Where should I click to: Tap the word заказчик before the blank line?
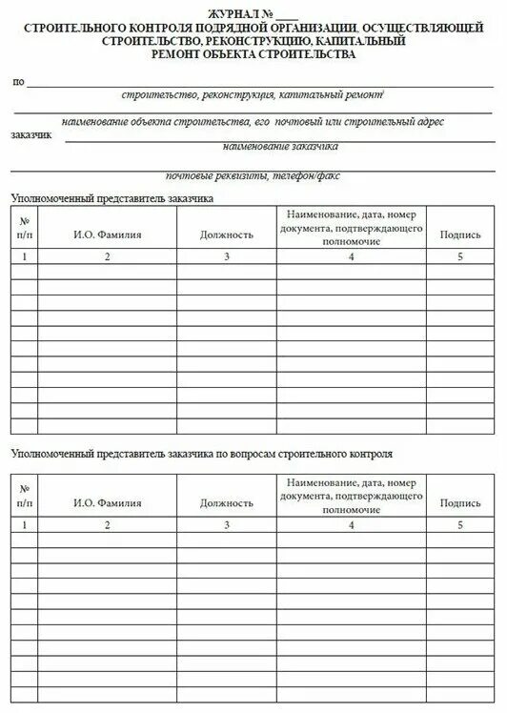pyautogui.click(x=32, y=135)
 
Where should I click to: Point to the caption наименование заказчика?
pyautogui.click(x=280, y=147)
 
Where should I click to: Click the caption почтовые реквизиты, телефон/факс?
pyautogui.click(x=253, y=175)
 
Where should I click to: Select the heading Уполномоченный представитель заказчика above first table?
pyautogui.click(x=112, y=198)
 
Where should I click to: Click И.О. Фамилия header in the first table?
pyautogui.click(x=107, y=234)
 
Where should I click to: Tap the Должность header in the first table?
pyautogui.click(x=227, y=234)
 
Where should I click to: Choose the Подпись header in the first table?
pyautogui.click(x=460, y=234)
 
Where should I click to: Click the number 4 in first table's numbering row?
pyautogui.click(x=352, y=257)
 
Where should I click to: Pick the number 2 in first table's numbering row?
pyautogui.click(x=107, y=257)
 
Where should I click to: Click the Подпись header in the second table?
pyautogui.click(x=460, y=502)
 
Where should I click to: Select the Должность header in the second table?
pyautogui.click(x=227, y=502)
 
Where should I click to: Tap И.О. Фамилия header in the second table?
pyautogui.click(x=107, y=502)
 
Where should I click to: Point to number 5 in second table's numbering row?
pyautogui.click(x=460, y=525)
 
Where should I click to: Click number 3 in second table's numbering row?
pyautogui.click(x=227, y=525)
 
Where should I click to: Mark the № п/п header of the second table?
pyautogui.click(x=24, y=496)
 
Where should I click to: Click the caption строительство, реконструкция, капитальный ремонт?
pyautogui.click(x=253, y=95)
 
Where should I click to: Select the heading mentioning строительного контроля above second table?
pyautogui.click(x=201, y=454)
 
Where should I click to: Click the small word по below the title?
pyautogui.click(x=18, y=82)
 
